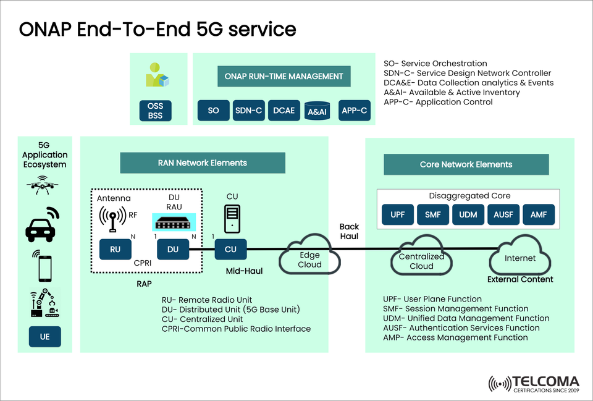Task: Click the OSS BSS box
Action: (156, 111)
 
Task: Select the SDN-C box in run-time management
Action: (249, 111)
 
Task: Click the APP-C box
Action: (355, 111)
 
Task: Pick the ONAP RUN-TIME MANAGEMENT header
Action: (284, 77)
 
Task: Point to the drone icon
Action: (40, 184)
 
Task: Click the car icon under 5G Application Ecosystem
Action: (41, 224)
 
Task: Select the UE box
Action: (44, 337)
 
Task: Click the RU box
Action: (115, 250)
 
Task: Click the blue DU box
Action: (172, 250)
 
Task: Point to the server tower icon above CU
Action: (232, 219)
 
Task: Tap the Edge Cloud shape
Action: (309, 259)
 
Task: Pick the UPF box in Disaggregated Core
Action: (397, 214)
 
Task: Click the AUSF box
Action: (503, 214)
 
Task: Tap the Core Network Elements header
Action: (466, 164)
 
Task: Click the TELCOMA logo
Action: (534, 384)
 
